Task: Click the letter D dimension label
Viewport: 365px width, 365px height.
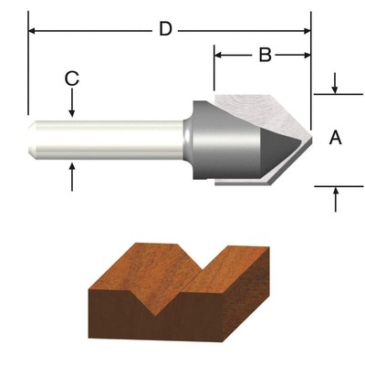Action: (165, 29)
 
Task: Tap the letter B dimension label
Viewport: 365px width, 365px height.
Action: (264, 56)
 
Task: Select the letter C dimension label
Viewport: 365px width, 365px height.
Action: (71, 78)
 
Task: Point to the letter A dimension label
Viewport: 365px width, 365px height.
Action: (335, 138)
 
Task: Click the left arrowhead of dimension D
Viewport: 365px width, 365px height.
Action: (34, 30)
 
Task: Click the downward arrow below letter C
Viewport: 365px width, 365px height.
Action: (71, 110)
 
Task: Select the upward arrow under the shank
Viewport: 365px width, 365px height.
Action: (71, 172)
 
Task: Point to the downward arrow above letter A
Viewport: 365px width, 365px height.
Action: (336, 89)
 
